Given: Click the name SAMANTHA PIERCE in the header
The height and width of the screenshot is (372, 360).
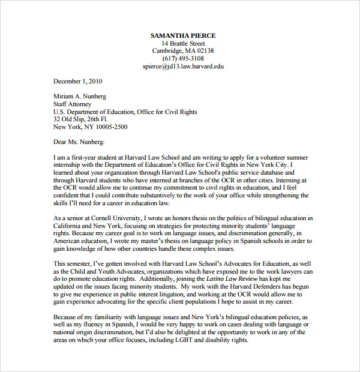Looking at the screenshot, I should pos(183,35).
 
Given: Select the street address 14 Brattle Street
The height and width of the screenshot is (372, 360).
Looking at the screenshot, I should pos(183,43).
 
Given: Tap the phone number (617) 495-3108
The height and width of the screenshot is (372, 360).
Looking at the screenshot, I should pos(183,59).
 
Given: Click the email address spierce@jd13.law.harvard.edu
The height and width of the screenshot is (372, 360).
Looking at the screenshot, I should pos(183,67).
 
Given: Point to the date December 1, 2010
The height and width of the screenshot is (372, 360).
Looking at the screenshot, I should pos(78,81).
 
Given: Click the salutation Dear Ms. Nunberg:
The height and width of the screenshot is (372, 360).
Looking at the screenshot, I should pos(79,142).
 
